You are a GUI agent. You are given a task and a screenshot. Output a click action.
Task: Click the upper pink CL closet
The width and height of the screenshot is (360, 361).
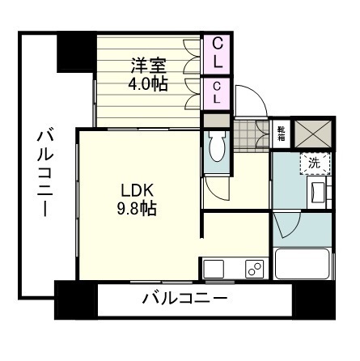pyautogui.click(x=217, y=52)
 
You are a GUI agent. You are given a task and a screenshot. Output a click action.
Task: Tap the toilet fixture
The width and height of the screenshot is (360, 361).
pyautogui.click(x=216, y=148)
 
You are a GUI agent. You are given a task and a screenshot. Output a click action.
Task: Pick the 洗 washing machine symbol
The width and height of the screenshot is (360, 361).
pyautogui.click(x=314, y=162)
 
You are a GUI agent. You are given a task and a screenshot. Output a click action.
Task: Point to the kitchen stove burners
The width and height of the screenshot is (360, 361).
pyautogui.click(x=254, y=270)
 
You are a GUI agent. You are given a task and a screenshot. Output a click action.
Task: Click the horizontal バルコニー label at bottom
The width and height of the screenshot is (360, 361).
pyautogui.click(x=184, y=299)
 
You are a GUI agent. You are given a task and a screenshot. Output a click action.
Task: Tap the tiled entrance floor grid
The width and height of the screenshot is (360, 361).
pyautogui.click(x=250, y=133)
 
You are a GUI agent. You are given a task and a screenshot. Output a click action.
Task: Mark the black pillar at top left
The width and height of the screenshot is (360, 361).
pyautogui.click(x=74, y=52)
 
